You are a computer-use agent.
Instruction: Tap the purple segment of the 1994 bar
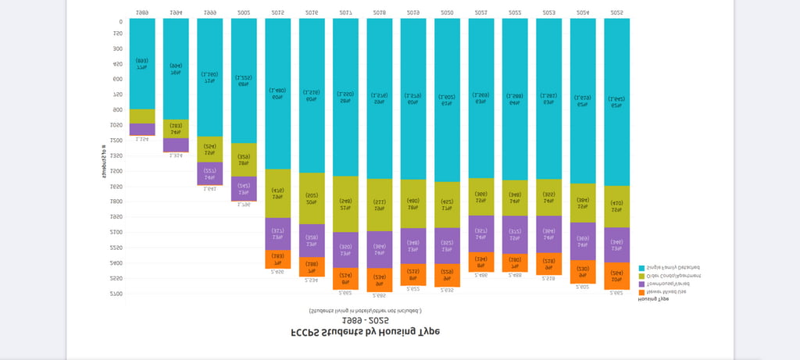[176, 145]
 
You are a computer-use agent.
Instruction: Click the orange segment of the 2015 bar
[278, 259]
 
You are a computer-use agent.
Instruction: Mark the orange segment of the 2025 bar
[616, 276]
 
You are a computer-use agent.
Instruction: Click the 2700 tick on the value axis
[116, 294]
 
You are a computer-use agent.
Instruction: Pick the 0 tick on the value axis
[120, 22]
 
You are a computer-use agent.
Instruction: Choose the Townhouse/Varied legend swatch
[642, 283]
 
